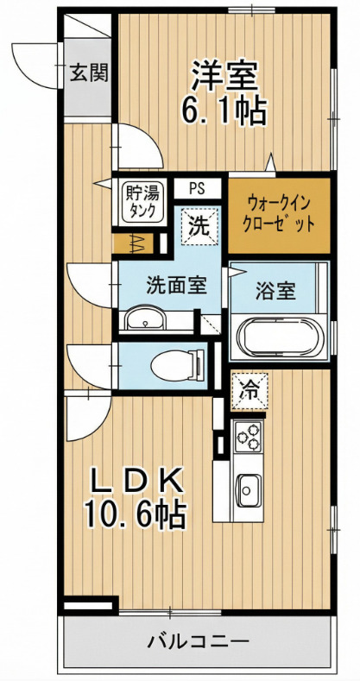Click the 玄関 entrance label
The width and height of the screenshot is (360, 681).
coord(88,73)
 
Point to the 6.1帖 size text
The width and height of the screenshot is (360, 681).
coord(224,110)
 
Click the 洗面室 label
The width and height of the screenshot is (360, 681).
coord(174,285)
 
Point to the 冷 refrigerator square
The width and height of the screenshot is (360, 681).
coord(250,388)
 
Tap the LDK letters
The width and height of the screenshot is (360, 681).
coord(135,480)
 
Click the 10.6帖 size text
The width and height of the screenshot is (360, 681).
coord(135,514)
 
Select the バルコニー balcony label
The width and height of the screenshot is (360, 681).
coord(199,642)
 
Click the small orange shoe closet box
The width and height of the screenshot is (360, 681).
coord(136,243)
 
